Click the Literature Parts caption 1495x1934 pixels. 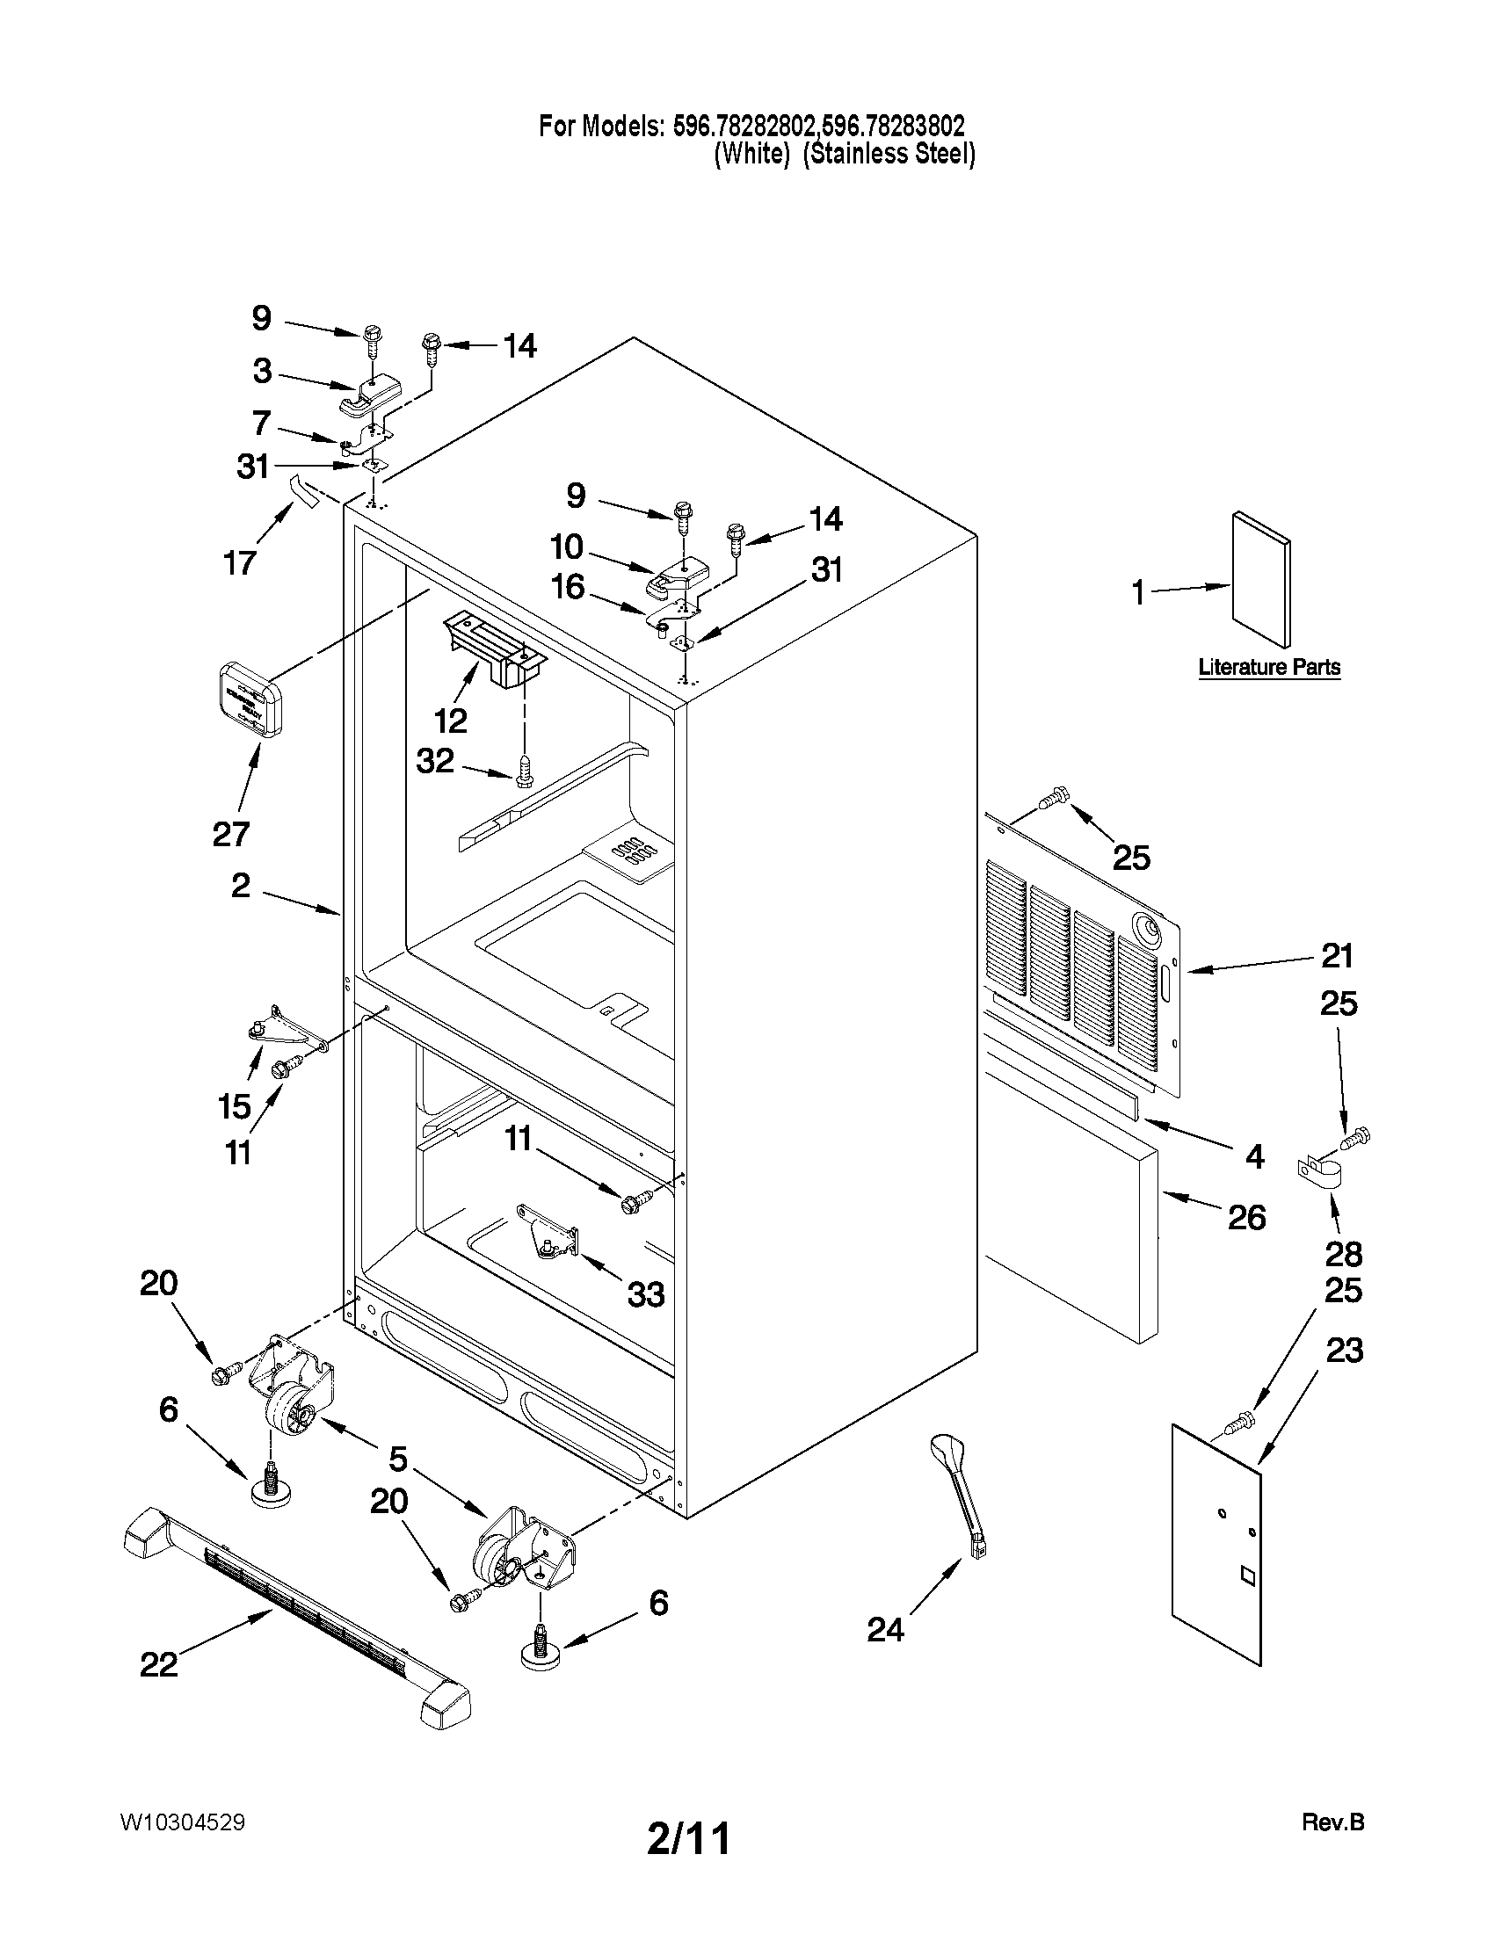pos(1268,667)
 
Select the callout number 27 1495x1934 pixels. pos(230,833)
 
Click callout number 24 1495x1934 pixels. pos(885,1628)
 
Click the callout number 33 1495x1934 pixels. pos(646,1294)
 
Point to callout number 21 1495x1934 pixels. pos(1337,955)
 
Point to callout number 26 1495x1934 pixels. pos(1246,1218)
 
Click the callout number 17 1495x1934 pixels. pos(240,562)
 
